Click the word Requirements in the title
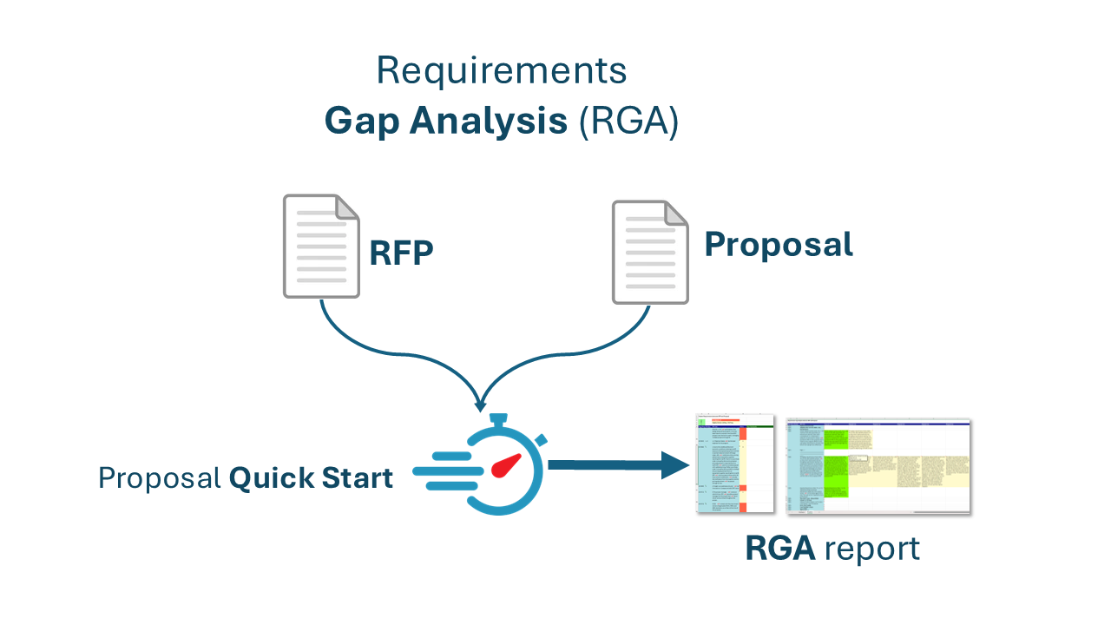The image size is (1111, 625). [501, 71]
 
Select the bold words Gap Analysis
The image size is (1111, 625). [445, 122]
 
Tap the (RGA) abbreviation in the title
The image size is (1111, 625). [628, 122]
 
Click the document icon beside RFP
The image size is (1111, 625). [320, 247]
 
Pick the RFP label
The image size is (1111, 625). [401, 253]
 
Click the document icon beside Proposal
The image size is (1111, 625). [649, 253]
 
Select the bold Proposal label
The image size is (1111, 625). [779, 245]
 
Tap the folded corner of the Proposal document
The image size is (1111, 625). [676, 213]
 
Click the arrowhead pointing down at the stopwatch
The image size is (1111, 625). [479, 404]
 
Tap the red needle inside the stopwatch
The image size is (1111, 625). [505, 466]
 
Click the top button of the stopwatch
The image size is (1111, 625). [498, 420]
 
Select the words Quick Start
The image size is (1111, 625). [311, 478]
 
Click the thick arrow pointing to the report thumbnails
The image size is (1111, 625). [616, 465]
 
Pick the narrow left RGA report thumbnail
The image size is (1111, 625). [734, 464]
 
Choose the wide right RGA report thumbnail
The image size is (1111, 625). [878, 466]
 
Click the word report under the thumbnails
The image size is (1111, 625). [871, 549]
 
